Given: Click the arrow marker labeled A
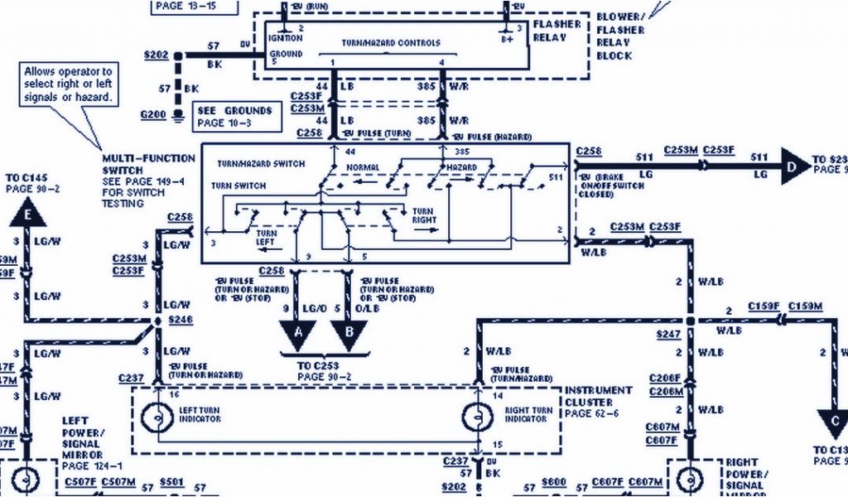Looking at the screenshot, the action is point(297,332).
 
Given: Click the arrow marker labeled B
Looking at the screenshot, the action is point(348,332).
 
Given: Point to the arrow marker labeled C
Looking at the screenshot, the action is point(833,423).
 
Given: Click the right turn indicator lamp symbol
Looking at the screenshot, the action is point(478,414).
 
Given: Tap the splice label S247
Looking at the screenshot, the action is point(667,334).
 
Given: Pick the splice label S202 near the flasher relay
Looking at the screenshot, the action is point(156,56).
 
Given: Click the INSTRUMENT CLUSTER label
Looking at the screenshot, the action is point(598,396).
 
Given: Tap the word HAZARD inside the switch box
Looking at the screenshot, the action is point(461,168).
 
